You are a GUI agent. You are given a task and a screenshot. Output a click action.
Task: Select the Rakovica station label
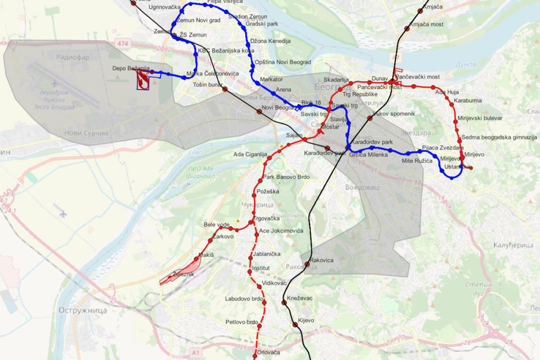tap(322, 260)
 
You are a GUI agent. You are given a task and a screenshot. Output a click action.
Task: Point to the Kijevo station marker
tap(295, 325)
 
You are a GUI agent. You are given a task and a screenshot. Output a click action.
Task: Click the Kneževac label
tap(300, 298)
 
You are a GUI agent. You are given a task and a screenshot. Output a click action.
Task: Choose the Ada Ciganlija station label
tap(250, 154)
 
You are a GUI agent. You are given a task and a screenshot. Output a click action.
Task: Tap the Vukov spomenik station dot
tap(370, 118)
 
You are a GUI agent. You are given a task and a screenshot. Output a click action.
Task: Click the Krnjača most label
tap(426, 24)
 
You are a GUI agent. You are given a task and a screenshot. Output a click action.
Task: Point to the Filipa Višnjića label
tap(222, 2)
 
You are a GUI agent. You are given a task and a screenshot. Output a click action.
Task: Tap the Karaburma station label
tap(468, 100)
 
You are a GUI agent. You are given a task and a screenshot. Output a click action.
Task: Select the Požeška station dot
tap(253, 194)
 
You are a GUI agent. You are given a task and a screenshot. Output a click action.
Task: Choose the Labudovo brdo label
tap(244, 298)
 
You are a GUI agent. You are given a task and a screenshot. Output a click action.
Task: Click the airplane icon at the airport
tap(55, 84)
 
